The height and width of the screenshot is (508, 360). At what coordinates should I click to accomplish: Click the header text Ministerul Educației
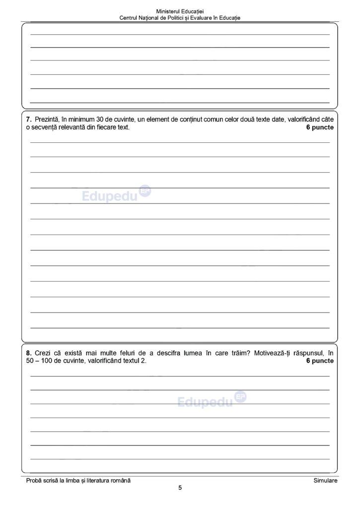(x=180, y=11)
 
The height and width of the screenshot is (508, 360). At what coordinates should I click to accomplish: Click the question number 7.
(x=28, y=120)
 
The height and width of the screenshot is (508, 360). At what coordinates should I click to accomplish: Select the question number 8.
(x=28, y=353)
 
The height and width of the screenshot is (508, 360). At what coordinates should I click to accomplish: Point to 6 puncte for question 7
(x=320, y=127)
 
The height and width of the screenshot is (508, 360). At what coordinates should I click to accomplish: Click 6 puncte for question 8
(x=320, y=361)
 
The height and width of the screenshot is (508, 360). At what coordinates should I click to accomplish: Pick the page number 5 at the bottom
(x=180, y=488)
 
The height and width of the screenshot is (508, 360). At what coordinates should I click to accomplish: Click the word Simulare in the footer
(x=325, y=481)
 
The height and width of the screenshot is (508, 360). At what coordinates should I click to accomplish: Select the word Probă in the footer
(x=35, y=481)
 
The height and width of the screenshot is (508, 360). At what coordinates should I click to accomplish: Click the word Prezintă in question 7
(x=47, y=120)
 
